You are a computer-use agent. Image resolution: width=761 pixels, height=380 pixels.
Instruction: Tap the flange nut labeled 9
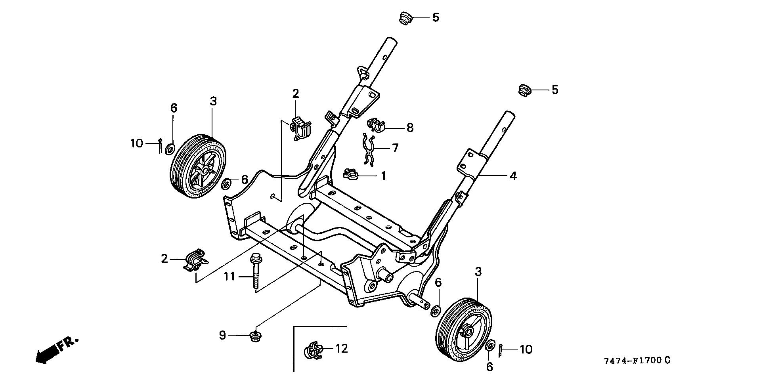pos(255,337)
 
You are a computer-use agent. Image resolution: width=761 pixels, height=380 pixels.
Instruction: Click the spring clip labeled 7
pos(369,149)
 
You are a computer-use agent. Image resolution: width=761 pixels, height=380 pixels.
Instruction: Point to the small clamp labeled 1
pos(350,174)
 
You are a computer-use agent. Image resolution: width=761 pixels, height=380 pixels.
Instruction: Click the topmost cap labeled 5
pos(405,18)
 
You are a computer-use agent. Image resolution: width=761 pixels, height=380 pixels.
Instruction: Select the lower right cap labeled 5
pos(525,90)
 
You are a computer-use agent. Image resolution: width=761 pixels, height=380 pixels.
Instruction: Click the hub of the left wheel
pos(204,170)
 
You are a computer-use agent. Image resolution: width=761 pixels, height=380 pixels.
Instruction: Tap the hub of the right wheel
pos(468,331)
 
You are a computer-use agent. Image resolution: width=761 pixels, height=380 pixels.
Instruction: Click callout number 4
pos(513,176)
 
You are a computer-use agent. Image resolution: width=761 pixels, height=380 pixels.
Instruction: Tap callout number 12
pos(341,349)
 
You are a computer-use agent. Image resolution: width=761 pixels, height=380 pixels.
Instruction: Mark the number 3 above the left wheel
pos(213,101)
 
